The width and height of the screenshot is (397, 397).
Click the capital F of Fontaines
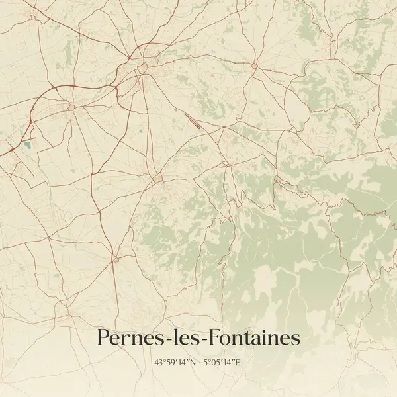click(x=212, y=338)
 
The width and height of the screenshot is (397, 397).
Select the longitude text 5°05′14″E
click(x=222, y=363)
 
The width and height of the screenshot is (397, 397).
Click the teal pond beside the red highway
click(x=27, y=144)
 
